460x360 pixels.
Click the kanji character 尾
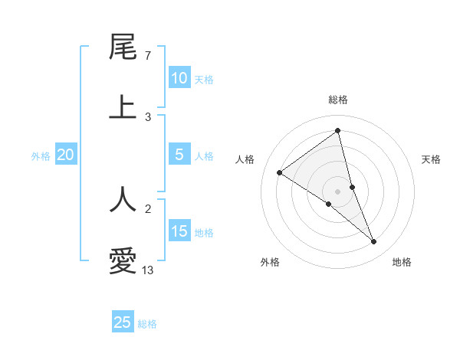123,47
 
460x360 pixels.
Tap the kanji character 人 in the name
123,199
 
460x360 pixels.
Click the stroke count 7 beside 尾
147,55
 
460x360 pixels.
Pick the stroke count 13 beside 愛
148,270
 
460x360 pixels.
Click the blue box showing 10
179,78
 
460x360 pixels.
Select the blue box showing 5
179,155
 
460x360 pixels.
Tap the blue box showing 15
179,231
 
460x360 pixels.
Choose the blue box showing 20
66,155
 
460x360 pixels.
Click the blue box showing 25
123,322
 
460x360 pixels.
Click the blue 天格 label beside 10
204,80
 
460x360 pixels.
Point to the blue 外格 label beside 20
41,156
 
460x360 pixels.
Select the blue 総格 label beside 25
147,324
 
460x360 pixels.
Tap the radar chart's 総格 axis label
338,100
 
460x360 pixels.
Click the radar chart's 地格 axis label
402,262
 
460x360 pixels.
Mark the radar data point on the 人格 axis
279,172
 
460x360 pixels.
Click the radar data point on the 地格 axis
374,242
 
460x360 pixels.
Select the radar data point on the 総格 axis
338,131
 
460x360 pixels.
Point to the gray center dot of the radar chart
338,191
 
